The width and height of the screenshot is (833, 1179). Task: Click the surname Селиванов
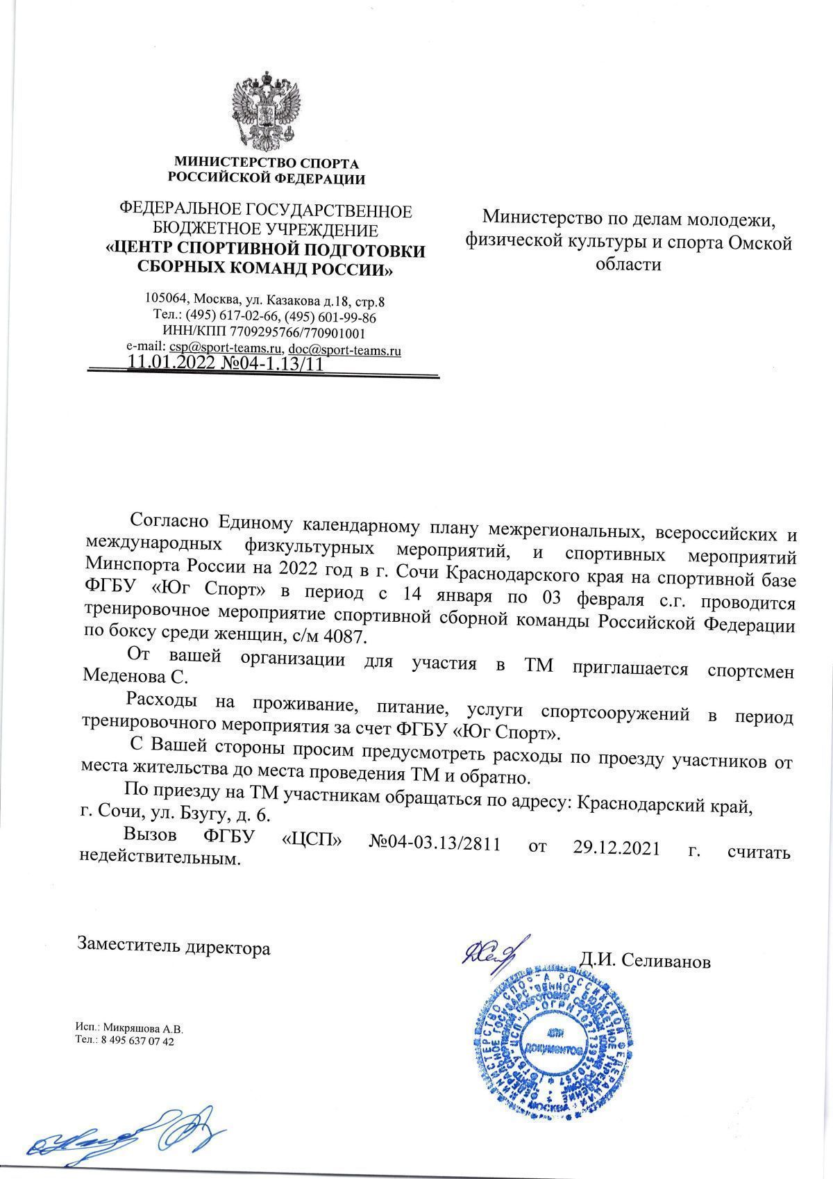(666, 962)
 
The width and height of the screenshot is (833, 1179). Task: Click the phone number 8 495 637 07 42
(137, 1042)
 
